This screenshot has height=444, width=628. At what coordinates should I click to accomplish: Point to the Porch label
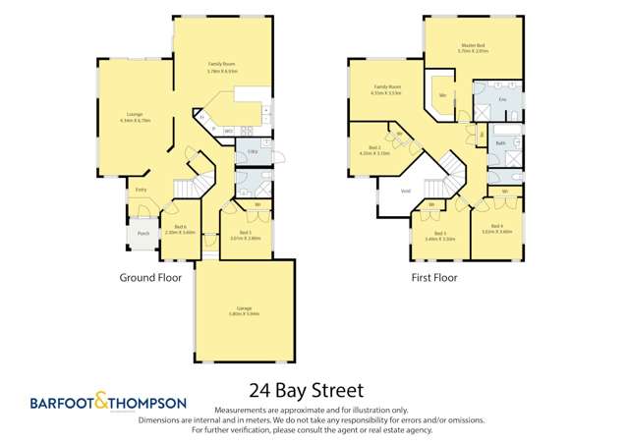point(143,234)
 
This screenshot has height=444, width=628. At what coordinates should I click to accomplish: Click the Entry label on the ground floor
point(142,190)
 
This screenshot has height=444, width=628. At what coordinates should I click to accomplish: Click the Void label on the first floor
point(405,192)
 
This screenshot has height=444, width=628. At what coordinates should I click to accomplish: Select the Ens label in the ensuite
point(503,100)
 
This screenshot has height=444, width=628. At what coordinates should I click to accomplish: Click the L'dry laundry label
point(252,150)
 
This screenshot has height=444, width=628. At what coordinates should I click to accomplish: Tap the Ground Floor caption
point(151,278)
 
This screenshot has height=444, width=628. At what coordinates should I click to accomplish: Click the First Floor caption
point(433,278)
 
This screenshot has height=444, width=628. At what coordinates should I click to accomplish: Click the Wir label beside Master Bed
point(444,95)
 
